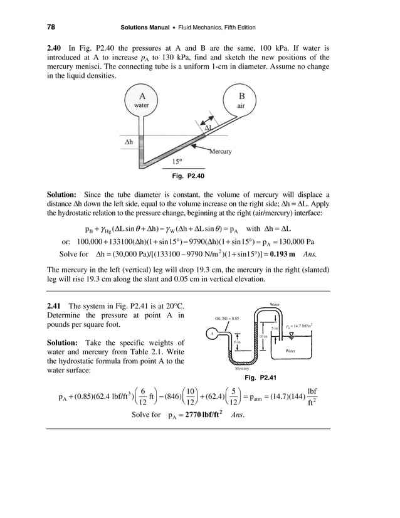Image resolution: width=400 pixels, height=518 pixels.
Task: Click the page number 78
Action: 51,28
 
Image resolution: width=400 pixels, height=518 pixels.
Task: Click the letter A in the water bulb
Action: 142,96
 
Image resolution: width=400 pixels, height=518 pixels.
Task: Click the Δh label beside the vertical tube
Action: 127,142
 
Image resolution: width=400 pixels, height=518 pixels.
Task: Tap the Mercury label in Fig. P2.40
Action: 220,151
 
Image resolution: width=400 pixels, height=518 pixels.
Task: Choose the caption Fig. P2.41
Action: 260,378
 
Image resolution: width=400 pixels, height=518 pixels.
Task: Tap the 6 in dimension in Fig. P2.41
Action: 237,342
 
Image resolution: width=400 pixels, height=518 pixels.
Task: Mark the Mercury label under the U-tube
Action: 242,369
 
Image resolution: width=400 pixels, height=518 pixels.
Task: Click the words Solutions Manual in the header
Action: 148,28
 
